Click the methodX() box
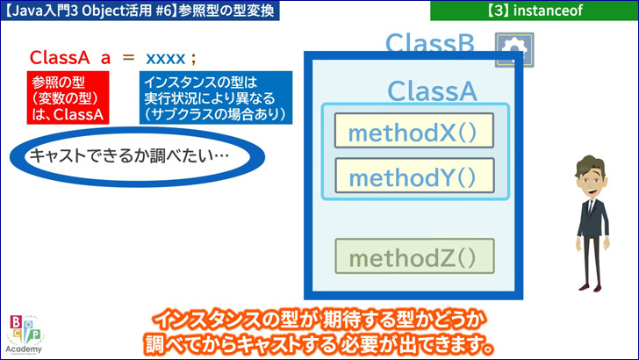coord(414,131)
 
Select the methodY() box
coord(414,176)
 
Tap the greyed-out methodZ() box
coord(414,256)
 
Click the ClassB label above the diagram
coord(430,42)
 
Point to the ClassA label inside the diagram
coord(432,91)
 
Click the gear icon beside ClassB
coord(514,50)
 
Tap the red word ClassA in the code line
coord(60,57)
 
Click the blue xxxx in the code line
coord(165,59)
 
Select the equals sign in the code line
coord(128,58)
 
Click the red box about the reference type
coord(68,97)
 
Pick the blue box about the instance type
coord(216,97)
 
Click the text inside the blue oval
coord(129,155)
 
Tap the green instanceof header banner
coord(535,11)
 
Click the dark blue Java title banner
coord(140,11)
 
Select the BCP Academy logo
coord(25,335)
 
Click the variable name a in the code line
coord(105,58)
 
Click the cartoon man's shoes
coord(590,288)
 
